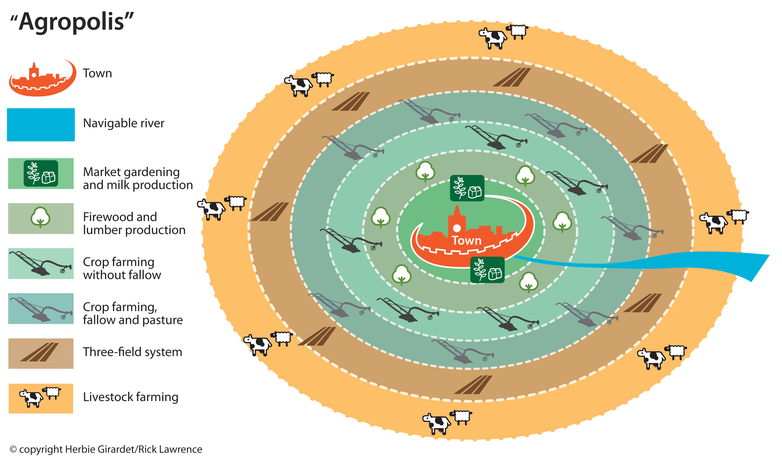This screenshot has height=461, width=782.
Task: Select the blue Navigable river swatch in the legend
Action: pyautogui.click(x=41, y=125)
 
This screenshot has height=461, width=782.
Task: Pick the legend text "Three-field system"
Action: pyautogui.click(x=132, y=352)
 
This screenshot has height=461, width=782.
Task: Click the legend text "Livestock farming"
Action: pyautogui.click(x=130, y=397)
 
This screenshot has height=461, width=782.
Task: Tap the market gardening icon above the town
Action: pyautogui.click(x=467, y=188)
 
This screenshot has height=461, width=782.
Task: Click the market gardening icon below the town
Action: pyautogui.click(x=487, y=270)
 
